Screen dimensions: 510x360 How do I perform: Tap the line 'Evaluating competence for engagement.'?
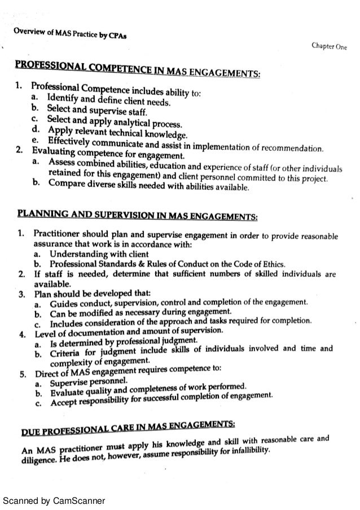pyautogui.click(x=108, y=155)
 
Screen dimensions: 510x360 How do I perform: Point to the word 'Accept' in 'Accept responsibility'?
pyautogui.click(x=64, y=404)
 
